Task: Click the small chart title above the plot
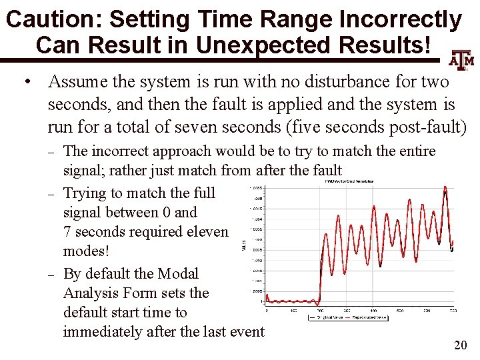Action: pyautogui.click(x=349, y=181)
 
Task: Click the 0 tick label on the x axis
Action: pyautogui.click(x=267, y=310)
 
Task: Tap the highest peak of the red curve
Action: pyautogui.click(x=445, y=189)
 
